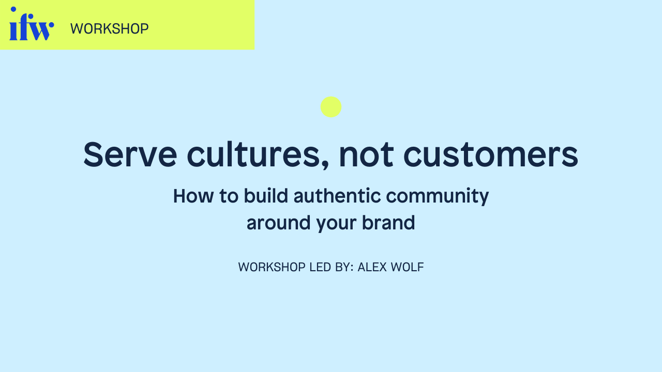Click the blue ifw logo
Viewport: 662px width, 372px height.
click(32, 24)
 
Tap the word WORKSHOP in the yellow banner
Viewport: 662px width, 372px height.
click(109, 28)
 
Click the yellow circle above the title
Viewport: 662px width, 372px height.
click(331, 107)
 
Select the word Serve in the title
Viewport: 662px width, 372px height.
click(130, 154)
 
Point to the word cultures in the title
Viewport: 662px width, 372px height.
click(254, 154)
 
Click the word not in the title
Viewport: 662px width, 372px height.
click(366, 154)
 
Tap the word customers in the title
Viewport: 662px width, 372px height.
click(491, 154)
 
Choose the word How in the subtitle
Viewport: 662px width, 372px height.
click(193, 196)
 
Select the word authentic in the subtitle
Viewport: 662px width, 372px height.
click(337, 195)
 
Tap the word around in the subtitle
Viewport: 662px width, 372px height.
click(278, 223)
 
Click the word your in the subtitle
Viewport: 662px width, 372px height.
click(336, 224)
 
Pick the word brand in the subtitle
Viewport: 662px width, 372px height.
click(388, 223)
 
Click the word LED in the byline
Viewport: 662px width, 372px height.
click(322, 267)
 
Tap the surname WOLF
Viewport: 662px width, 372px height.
click(407, 267)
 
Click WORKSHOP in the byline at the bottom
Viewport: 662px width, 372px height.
click(272, 267)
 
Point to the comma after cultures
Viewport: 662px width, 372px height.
click(325, 165)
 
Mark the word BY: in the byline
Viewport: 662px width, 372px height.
click(344, 267)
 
